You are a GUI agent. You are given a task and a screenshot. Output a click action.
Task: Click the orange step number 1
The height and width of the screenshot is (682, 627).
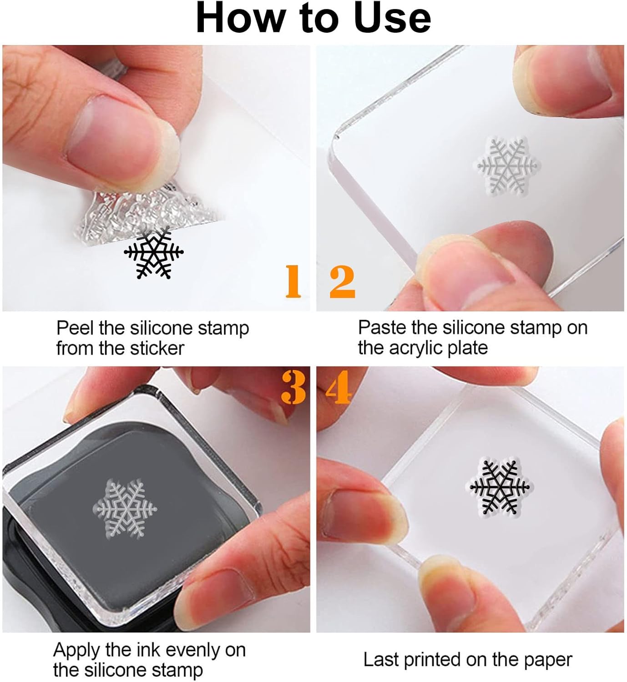point(293,281)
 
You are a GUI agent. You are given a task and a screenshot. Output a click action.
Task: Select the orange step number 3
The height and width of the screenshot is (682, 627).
point(293,387)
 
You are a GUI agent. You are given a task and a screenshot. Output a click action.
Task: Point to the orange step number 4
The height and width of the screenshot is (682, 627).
point(339,387)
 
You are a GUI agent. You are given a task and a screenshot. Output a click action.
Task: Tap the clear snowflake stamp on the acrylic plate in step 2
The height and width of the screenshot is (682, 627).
point(507,167)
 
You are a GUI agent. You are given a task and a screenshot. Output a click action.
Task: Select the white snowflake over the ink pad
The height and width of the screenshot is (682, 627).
point(125,508)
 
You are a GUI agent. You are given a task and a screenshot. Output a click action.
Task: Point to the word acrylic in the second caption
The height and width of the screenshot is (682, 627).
point(416,348)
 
